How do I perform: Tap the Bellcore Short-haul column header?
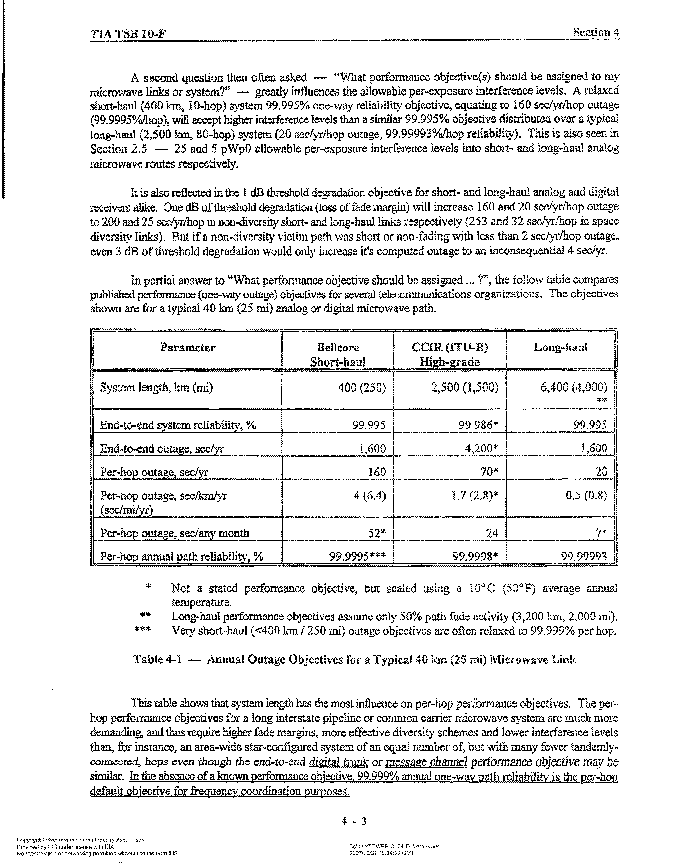coord(338,354)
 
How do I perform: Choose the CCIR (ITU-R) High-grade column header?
coord(450,354)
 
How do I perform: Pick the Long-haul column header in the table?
coord(560,348)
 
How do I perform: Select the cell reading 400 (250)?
coord(362,387)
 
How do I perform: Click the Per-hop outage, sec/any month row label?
coord(175,533)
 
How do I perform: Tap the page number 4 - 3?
coord(353,821)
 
